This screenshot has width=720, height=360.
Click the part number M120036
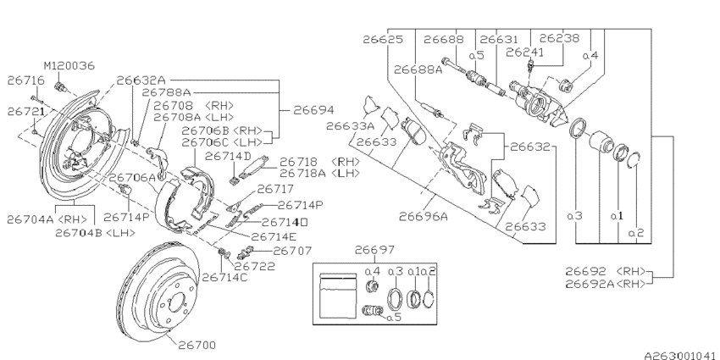click(69, 65)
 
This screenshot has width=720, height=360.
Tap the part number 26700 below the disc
click(197, 345)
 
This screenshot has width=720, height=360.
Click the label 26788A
click(167, 91)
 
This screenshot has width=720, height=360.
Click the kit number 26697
click(376, 250)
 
